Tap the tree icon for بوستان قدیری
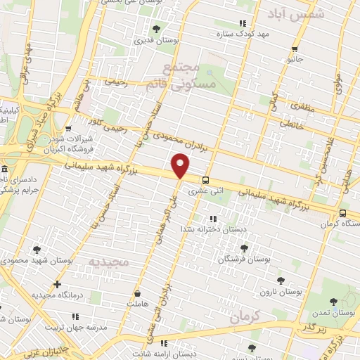(x=156, y=29)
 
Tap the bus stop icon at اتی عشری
(x=205, y=179)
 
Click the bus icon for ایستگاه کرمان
(x=342, y=213)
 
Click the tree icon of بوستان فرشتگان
(x=244, y=248)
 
